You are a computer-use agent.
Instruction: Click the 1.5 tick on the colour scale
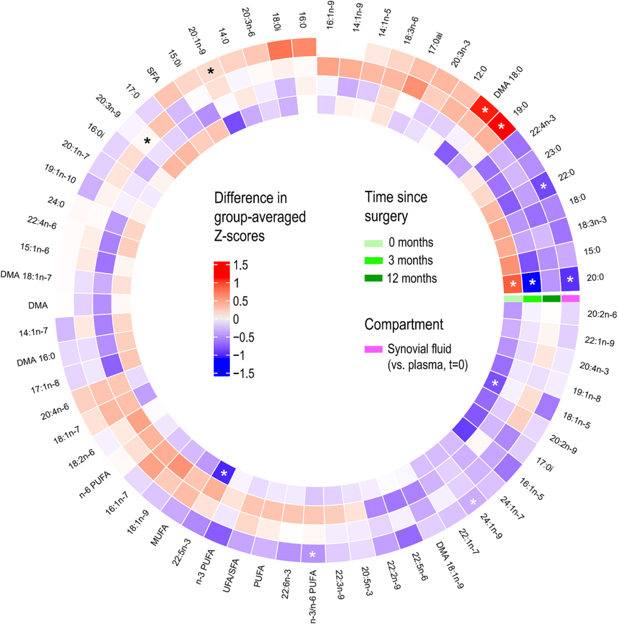click(241, 266)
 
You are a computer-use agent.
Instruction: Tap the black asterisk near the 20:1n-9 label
click(211, 71)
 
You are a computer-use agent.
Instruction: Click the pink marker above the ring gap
click(570, 298)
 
